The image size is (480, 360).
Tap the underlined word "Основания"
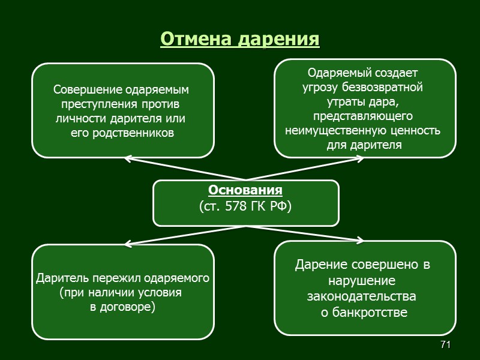click(245, 191)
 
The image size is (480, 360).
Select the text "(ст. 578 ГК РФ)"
click(245, 206)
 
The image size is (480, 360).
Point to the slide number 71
click(445, 344)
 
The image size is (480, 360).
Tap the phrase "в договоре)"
click(122, 307)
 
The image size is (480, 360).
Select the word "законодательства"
click(361, 296)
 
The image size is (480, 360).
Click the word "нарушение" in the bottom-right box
click(361, 281)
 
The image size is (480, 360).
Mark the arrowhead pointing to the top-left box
click(127, 159)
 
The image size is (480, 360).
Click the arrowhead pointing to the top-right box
click(361, 159)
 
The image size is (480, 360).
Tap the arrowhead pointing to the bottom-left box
click(127, 245)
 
